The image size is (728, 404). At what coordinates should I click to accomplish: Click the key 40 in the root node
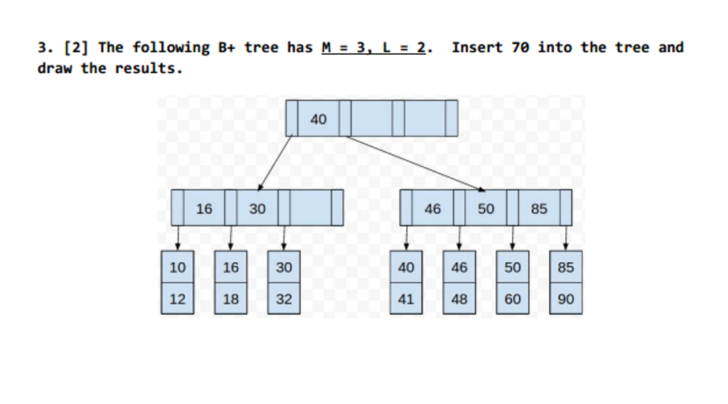tap(318, 119)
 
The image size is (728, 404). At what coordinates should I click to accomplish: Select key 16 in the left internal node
tap(204, 208)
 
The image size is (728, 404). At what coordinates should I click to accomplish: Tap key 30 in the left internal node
tap(257, 208)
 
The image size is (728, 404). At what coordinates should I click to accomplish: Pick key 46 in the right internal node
tap(432, 208)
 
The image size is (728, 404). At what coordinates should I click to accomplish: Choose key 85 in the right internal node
tap(539, 208)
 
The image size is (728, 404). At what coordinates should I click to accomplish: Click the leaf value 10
tap(178, 267)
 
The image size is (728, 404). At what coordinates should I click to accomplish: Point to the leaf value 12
tap(178, 299)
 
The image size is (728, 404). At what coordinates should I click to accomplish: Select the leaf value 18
tap(231, 299)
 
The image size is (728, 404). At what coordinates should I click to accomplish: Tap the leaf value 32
tap(284, 299)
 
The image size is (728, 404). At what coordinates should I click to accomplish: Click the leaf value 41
tap(406, 299)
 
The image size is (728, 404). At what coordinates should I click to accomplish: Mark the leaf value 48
tap(459, 299)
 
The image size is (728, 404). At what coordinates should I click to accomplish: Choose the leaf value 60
tap(513, 299)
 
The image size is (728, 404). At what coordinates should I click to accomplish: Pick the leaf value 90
tap(566, 299)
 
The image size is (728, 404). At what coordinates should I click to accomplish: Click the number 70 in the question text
tap(520, 48)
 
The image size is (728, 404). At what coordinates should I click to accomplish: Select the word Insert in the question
tap(477, 48)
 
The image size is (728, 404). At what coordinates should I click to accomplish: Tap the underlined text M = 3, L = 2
tap(376, 48)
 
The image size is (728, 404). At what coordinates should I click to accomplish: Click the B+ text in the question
tap(226, 48)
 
